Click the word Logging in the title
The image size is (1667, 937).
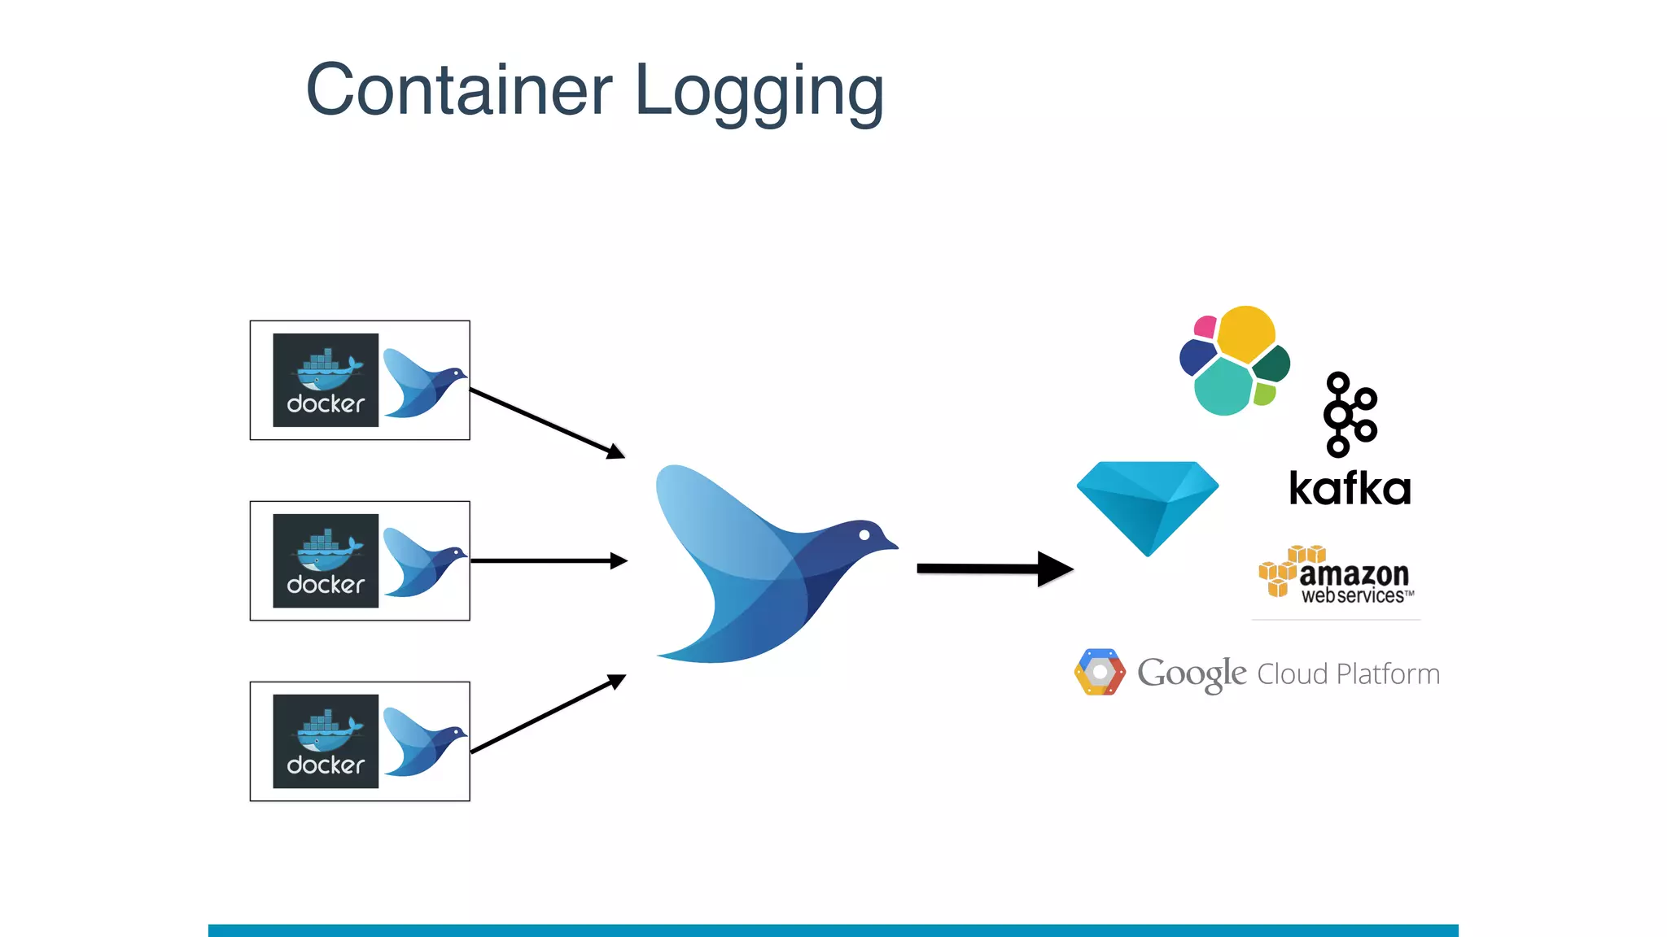[759, 92]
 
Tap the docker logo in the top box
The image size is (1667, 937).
[326, 380]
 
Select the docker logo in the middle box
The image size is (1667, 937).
[326, 560]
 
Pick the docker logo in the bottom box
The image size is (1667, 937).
[326, 741]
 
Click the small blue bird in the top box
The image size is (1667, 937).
[421, 384]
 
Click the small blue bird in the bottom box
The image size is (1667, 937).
[421, 743]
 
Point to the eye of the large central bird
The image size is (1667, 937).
[864, 534]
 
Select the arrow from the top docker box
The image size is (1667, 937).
[545, 423]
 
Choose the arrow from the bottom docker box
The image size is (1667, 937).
[545, 714]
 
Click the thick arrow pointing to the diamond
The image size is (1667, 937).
[993, 569]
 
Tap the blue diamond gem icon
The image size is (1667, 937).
[1148, 504]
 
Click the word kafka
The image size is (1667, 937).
[1350, 489]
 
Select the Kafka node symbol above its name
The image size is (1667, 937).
[1349, 415]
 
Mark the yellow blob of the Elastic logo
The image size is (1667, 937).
[1245, 333]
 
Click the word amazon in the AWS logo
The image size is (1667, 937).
[1354, 573]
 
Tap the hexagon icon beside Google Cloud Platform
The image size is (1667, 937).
[1100, 673]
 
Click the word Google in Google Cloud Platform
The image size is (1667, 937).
[1191, 673]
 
